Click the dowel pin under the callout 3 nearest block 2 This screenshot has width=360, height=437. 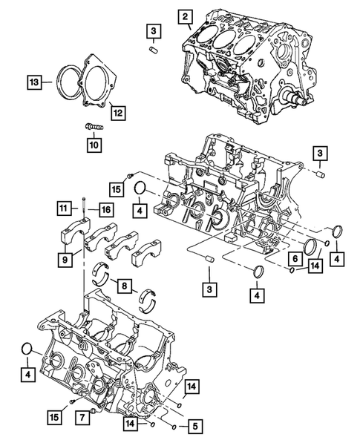(154, 49)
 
